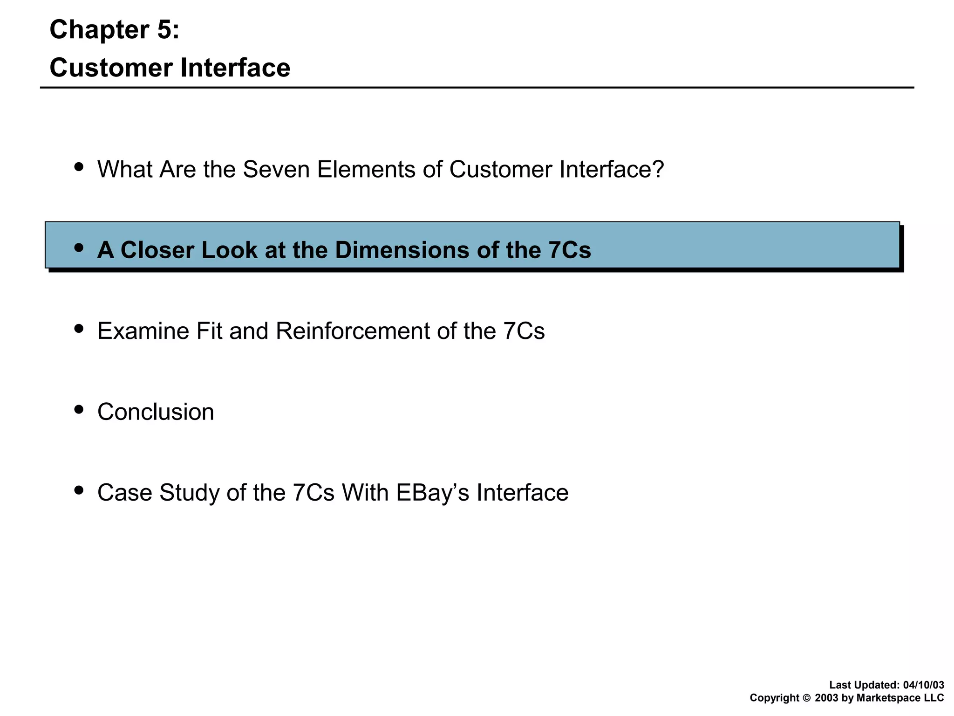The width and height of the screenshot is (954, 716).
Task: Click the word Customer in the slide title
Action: [111, 68]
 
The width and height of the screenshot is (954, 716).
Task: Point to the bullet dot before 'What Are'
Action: [79, 166]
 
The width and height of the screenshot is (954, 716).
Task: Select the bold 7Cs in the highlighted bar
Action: [569, 250]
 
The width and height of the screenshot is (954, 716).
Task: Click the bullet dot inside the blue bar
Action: [79, 248]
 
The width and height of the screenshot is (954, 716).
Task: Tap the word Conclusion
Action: [156, 412]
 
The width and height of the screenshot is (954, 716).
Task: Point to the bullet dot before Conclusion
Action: [79, 409]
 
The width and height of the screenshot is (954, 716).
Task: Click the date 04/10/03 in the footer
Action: [923, 685]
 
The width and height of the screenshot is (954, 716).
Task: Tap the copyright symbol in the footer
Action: [807, 698]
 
